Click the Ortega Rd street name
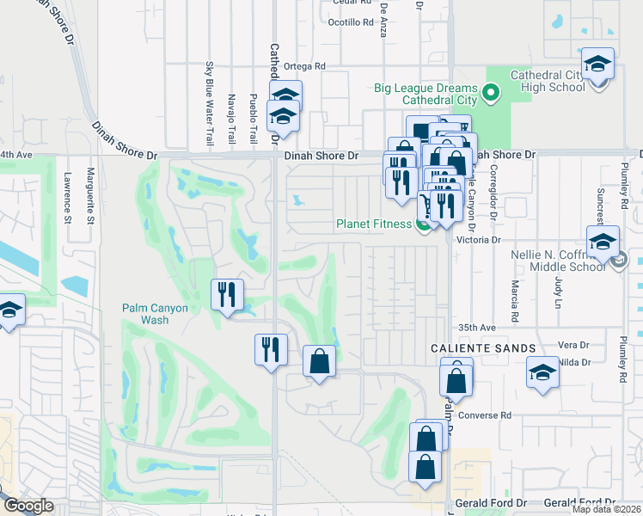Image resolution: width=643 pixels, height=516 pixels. point(308,65)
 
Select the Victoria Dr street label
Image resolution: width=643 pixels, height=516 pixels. point(478,240)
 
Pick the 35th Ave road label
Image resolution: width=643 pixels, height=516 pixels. point(477,328)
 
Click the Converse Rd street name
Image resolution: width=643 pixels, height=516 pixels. point(485,415)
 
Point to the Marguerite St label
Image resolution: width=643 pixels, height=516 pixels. point(89,197)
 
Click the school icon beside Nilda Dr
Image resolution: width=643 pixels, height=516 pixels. point(542,373)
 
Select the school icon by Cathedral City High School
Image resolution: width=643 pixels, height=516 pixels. point(597,65)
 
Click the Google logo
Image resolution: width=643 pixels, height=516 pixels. point(28,506)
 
